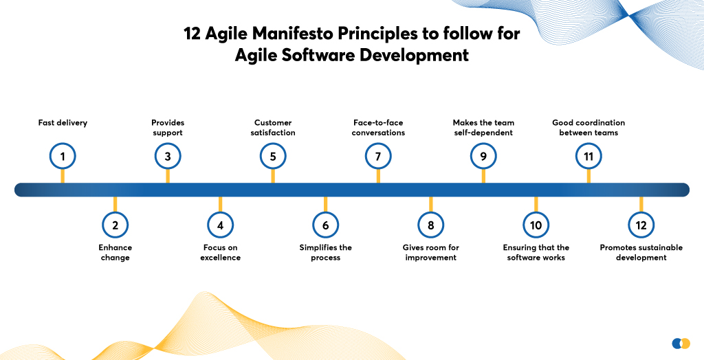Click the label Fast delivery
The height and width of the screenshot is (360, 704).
pos(63,122)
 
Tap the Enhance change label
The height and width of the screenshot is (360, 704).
pos(115,252)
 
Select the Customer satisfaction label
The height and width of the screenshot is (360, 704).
pos(273,128)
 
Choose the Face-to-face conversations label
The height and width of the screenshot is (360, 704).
pos(378,128)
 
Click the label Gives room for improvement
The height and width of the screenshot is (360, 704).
pos(430,252)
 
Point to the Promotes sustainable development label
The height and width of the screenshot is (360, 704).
pos(641,252)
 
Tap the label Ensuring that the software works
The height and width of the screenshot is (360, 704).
pos(536,252)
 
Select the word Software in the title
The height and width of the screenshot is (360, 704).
pos(317,56)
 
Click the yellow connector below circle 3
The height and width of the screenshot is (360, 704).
pos(168,176)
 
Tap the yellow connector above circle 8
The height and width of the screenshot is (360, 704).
pos(430,204)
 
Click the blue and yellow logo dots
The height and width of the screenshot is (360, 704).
pos(681,344)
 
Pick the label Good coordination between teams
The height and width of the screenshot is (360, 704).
pos(588,128)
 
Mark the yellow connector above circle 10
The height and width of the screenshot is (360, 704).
pos(536,204)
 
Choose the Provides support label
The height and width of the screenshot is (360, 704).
pos(168,128)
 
